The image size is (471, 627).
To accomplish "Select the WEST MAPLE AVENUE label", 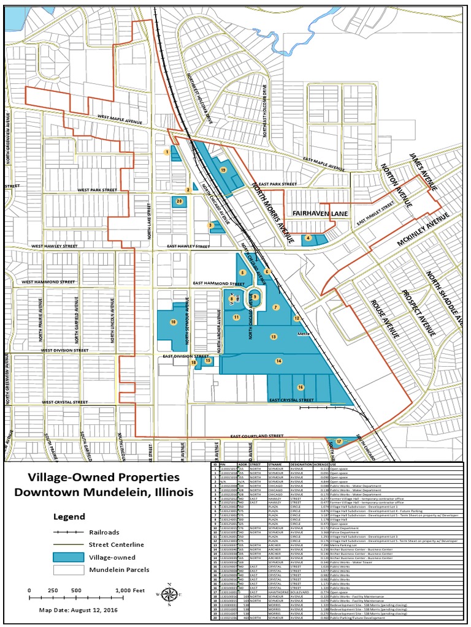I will point(119,120).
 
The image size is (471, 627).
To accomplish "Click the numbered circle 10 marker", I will point(174,321).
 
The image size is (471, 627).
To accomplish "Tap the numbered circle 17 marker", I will point(339,441).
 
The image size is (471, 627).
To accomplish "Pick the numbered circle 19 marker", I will point(223,170).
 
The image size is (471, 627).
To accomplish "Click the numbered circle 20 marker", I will point(179,201).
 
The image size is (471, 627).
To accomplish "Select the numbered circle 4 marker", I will point(308,238).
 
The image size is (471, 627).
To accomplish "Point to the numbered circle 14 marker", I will point(278,361).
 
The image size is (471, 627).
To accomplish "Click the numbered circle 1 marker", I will point(166,151).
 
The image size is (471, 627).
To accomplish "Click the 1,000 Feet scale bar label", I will point(129,590).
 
